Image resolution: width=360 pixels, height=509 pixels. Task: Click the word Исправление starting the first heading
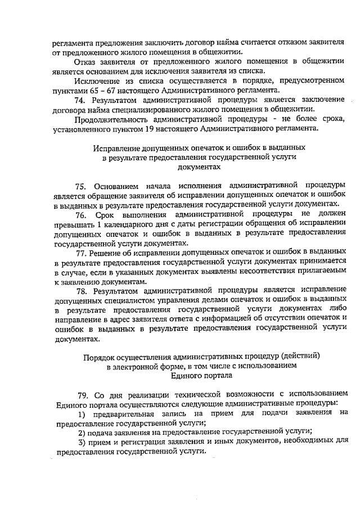pyautogui.click(x=114, y=147)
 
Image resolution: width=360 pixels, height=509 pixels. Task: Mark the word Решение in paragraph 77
pyautogui.click(x=106, y=253)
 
